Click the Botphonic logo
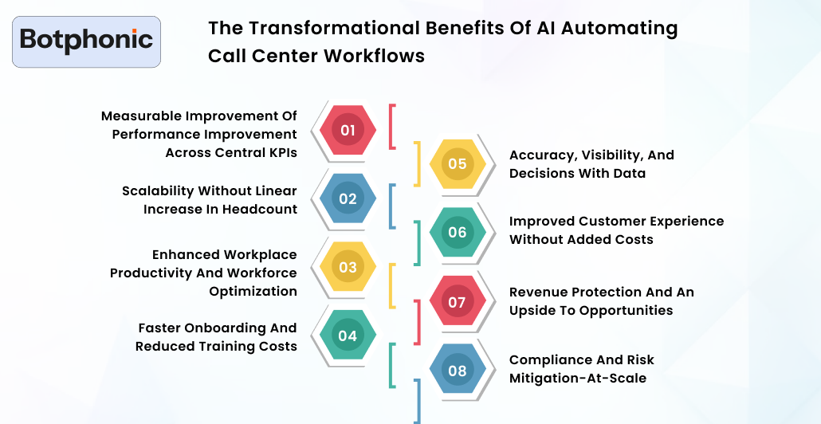click(86, 41)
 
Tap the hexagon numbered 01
click(348, 130)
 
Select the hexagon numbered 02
click(348, 198)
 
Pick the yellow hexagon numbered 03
click(348, 267)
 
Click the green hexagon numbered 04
click(348, 336)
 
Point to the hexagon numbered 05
click(457, 164)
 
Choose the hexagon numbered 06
click(457, 233)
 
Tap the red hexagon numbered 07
click(457, 302)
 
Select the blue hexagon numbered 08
click(457, 371)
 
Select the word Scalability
click(157, 190)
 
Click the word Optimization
click(253, 291)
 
